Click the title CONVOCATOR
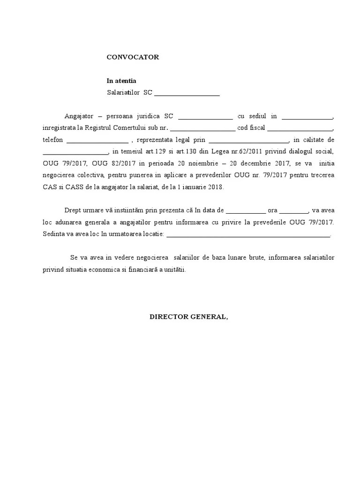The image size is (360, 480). [133, 57]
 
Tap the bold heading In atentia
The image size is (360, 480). [121, 81]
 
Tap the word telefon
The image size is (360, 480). [52, 140]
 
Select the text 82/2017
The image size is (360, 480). [121, 163]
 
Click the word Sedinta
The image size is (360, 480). [53, 233]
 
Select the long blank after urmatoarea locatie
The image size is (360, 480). [248, 234]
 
